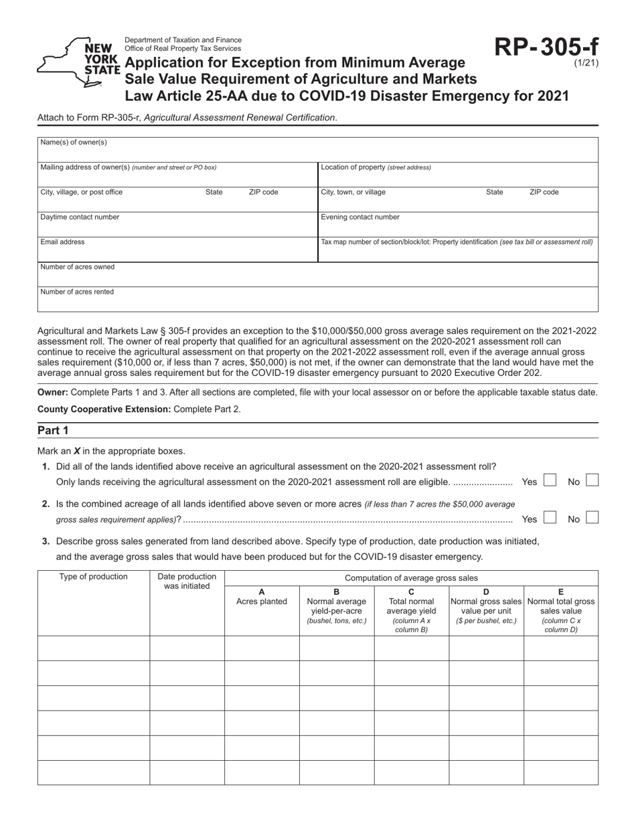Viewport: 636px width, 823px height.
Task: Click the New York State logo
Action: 78,62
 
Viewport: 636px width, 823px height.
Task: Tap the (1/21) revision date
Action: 586,64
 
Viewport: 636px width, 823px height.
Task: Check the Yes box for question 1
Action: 549,480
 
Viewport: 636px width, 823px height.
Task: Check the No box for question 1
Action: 592,480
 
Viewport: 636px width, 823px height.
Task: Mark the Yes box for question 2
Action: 549,517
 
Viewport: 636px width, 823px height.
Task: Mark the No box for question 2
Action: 592,517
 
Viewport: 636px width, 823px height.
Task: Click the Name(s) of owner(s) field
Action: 318,149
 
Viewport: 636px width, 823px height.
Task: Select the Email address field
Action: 177,249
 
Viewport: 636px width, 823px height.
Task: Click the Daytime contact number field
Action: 177,224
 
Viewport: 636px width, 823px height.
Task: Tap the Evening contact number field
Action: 458,224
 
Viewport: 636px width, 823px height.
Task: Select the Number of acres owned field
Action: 318,274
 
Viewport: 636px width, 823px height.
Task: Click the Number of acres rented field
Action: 318,299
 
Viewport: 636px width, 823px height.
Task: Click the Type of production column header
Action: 94,577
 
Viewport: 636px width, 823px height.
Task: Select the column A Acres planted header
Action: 262,597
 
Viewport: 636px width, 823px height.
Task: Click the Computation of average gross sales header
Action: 411,578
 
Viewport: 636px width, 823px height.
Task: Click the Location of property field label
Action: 376,167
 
